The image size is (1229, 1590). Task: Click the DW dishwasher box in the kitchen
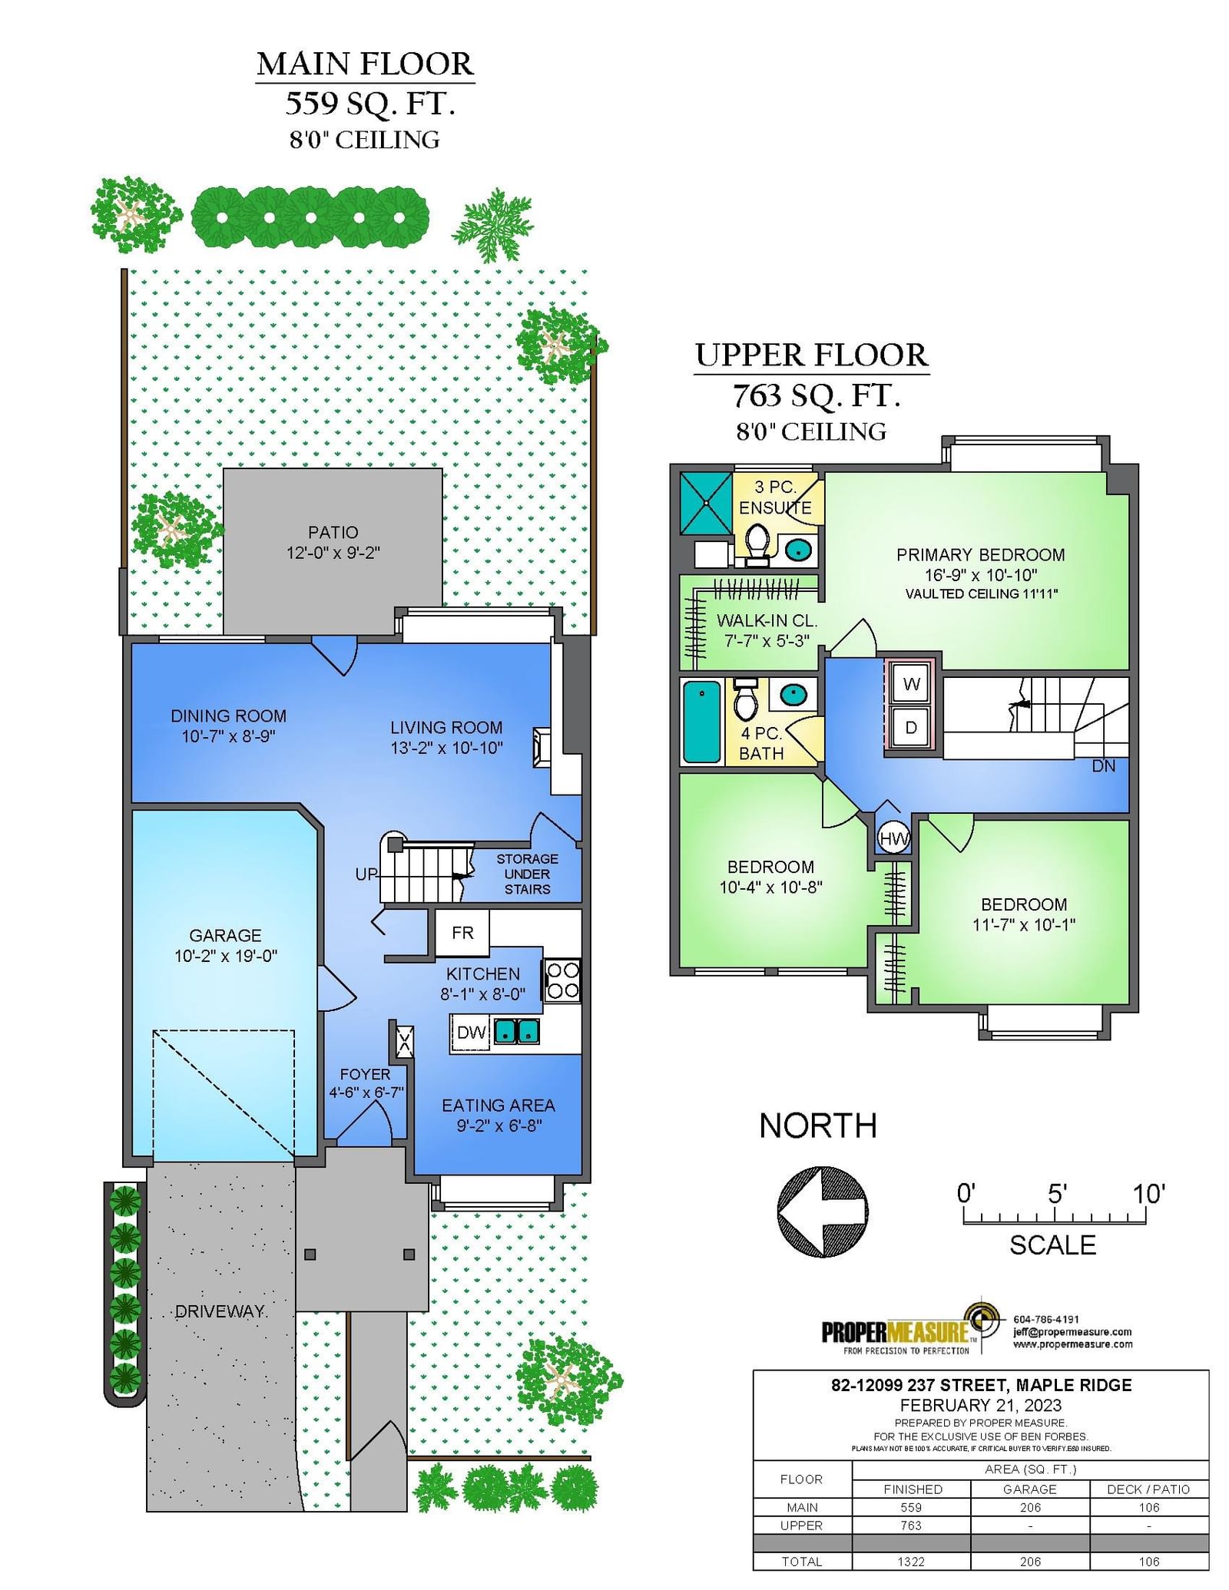click(x=470, y=1033)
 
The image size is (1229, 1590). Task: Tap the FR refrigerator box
click(x=462, y=933)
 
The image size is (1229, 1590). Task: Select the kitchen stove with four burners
click(x=562, y=980)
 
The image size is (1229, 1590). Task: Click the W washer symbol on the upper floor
click(x=911, y=684)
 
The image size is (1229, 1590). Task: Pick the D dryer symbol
click(x=911, y=727)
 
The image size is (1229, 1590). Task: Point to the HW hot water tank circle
click(x=894, y=839)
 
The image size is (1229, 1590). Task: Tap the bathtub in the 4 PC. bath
click(x=702, y=722)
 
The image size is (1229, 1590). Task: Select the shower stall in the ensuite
click(x=705, y=502)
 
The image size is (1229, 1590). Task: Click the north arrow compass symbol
click(x=823, y=1212)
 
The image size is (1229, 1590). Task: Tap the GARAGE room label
click(x=225, y=935)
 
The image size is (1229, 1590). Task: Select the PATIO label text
click(x=333, y=532)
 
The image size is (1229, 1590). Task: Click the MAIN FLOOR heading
click(x=365, y=64)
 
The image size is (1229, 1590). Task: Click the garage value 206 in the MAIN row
click(x=1029, y=1507)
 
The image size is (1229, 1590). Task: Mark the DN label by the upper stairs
click(x=1104, y=765)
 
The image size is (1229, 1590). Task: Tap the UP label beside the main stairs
click(x=366, y=874)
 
